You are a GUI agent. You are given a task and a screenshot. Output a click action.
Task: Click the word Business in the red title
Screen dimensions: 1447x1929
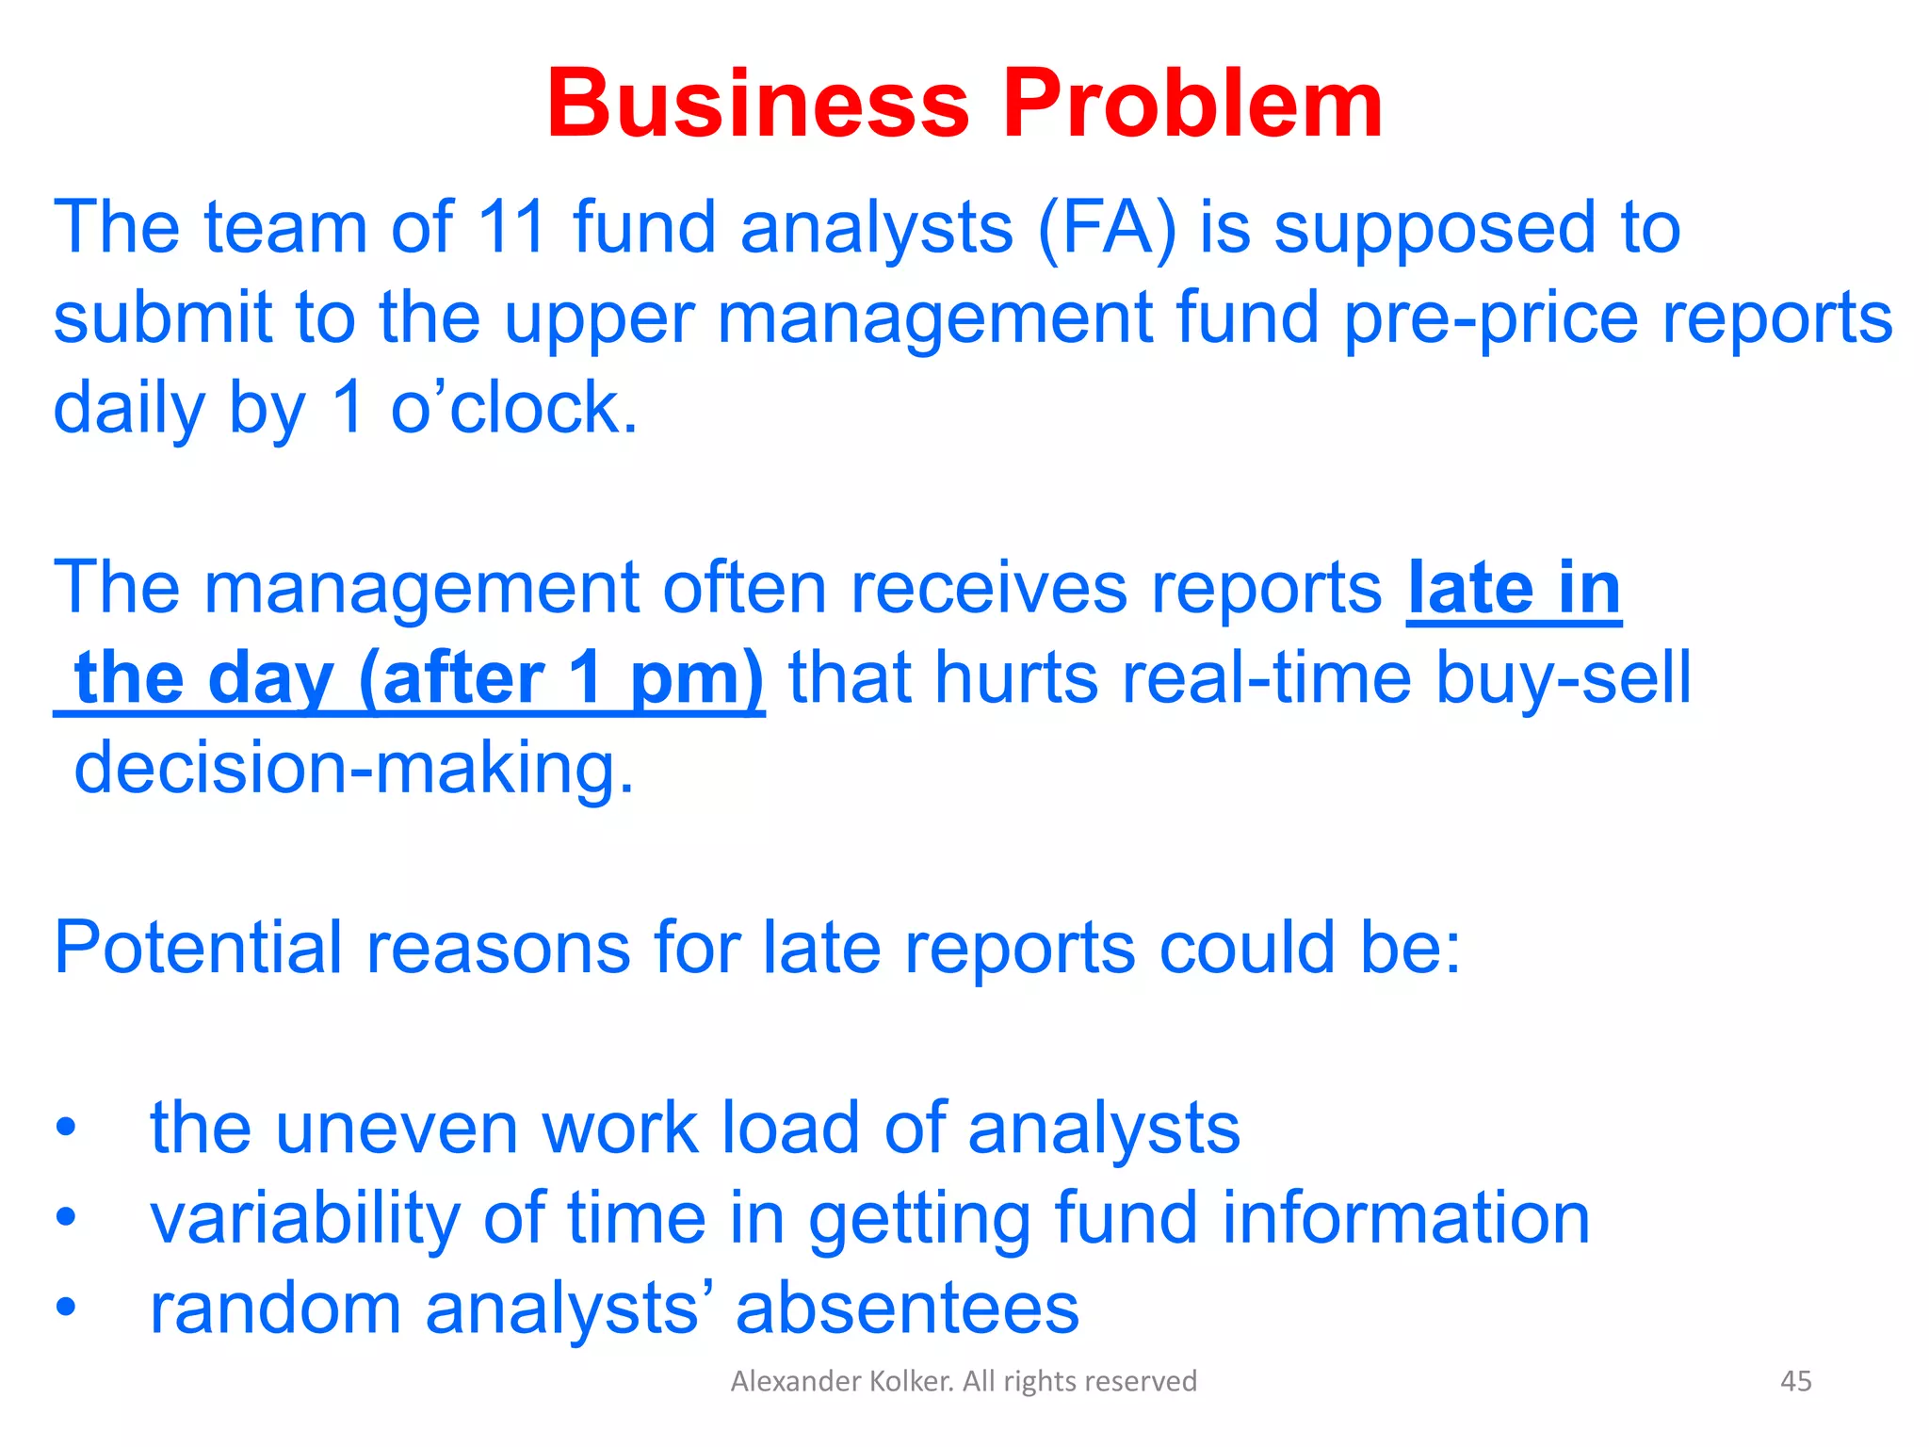point(758,104)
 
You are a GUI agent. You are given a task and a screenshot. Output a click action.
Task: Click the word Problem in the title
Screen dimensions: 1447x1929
point(1192,104)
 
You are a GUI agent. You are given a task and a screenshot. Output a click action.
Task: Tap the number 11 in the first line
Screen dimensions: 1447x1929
point(512,228)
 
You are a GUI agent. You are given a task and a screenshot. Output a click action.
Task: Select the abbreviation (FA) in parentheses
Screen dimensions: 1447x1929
point(1107,230)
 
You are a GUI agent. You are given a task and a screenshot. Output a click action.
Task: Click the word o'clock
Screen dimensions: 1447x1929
point(514,409)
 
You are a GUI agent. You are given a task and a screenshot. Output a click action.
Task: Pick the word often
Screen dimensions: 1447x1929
point(744,589)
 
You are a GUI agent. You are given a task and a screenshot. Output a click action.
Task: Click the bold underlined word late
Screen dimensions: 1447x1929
point(1471,589)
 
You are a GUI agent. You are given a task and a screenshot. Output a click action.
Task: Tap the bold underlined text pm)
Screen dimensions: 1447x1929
point(697,678)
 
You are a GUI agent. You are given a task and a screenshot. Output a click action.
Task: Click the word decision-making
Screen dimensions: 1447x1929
point(354,768)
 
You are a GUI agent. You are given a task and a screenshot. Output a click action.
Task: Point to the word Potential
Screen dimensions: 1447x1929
point(198,948)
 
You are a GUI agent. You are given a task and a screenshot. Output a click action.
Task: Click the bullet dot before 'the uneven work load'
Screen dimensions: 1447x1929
point(65,1128)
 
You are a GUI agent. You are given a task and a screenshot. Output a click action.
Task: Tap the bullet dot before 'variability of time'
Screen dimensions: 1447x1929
point(65,1217)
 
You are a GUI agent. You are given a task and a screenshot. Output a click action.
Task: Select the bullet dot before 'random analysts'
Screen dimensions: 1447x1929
point(65,1308)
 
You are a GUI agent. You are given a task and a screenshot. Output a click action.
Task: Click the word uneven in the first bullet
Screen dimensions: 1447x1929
point(397,1128)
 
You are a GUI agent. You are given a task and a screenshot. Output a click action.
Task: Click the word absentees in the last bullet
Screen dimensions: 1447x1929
point(907,1308)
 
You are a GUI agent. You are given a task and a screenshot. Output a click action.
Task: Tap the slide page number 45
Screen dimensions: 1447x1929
point(1795,1381)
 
